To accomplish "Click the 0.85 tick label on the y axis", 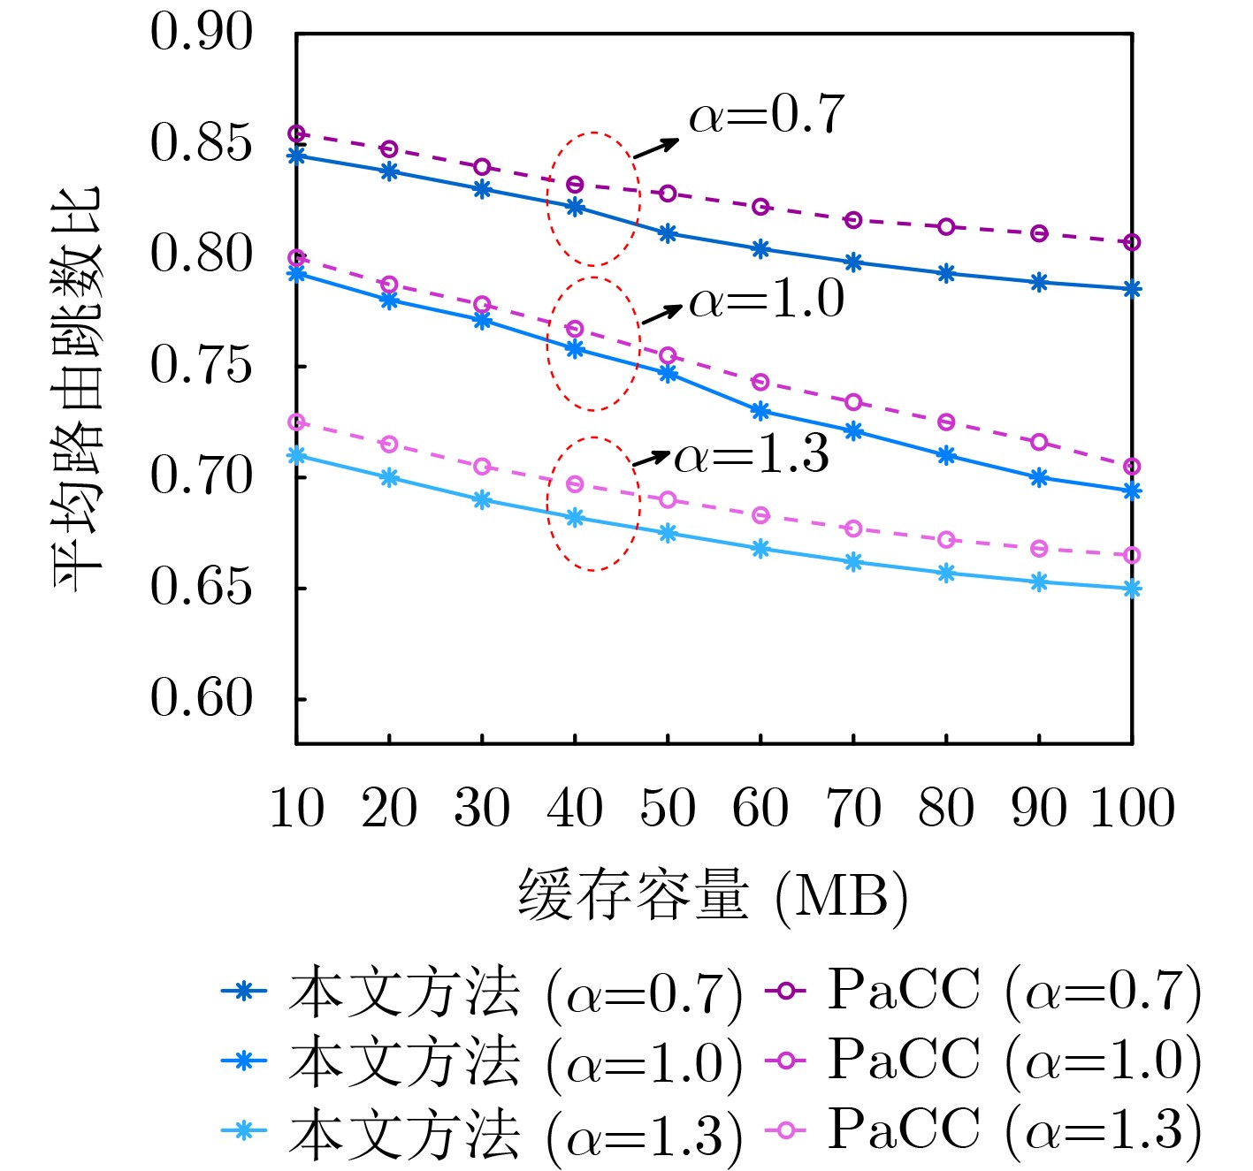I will pos(202,143).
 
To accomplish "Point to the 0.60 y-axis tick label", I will pos(202,699).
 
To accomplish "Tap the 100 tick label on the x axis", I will pos(1132,809).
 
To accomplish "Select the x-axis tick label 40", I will pos(575,809).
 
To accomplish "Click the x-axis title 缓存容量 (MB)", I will pos(713,896).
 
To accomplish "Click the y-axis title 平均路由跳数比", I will pos(78,389).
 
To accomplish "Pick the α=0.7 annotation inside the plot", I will pos(767,116).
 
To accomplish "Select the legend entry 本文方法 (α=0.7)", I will pos(482,992).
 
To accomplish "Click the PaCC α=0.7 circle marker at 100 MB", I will pos(1132,242).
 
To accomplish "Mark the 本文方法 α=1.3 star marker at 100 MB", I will pos(1132,589).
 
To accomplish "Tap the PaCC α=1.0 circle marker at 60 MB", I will pos(760,383).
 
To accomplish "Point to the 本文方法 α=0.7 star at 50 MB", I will pos(668,233).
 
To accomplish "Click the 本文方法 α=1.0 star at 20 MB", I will pos(389,300).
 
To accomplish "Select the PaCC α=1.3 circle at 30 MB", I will pos(482,467).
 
